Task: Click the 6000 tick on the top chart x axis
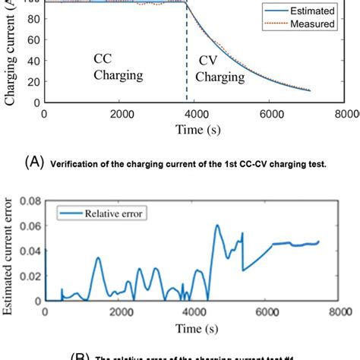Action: click(x=272, y=112)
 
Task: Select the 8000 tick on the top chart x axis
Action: click(x=346, y=112)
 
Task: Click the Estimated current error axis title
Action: click(x=8, y=251)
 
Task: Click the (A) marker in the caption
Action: click(x=36, y=163)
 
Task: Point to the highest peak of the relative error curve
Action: click(x=216, y=225)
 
